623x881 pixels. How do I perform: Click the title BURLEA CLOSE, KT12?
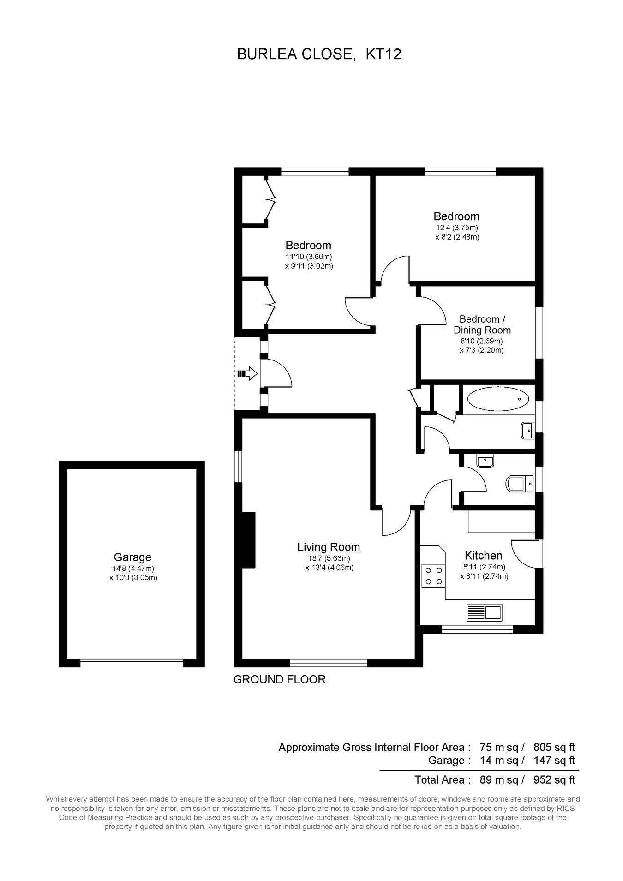pos(319,54)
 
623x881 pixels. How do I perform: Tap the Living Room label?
pos(328,547)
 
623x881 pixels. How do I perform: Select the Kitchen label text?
pos(483,556)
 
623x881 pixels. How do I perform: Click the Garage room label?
pos(132,557)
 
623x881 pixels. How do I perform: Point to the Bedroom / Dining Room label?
pos(482,324)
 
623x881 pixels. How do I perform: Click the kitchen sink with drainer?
pos(485,612)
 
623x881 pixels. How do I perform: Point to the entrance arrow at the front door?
pos(247,373)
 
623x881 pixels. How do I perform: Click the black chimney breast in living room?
pos(249,539)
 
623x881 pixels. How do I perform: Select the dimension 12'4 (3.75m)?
pos(457,228)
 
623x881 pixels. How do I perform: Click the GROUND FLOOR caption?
pos(280,679)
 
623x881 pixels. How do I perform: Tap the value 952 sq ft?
pos(554,780)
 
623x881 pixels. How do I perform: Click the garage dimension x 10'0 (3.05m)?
pos(133,577)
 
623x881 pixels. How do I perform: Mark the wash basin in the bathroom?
pos(527,430)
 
